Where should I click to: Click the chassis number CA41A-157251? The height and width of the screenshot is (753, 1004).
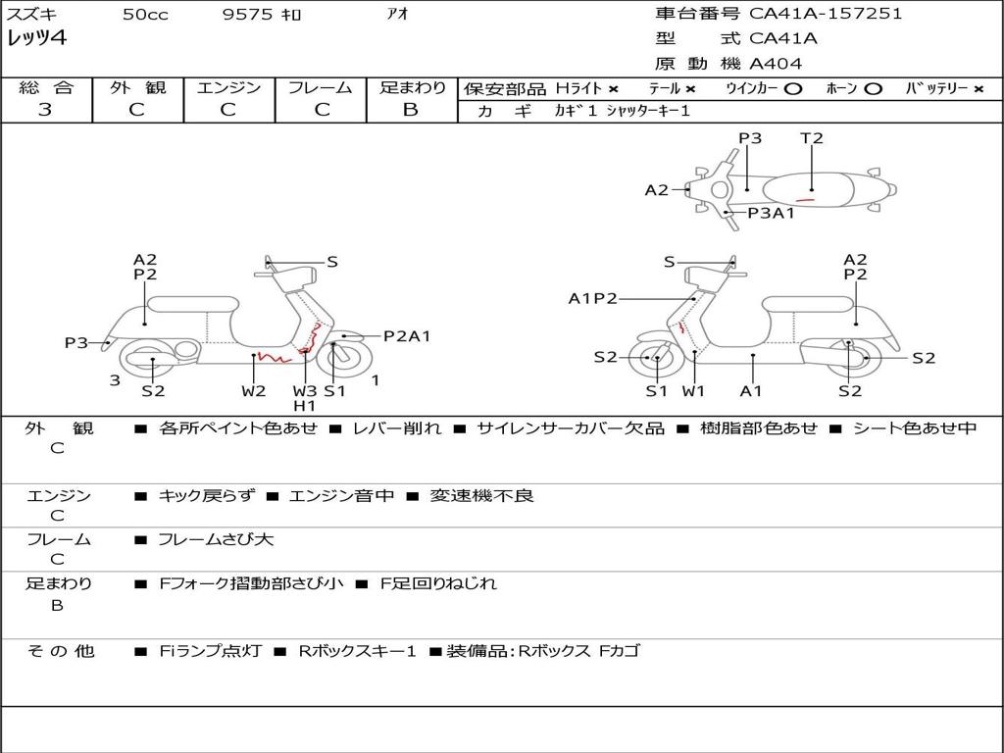[x=826, y=14]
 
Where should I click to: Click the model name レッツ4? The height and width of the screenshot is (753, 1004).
[x=36, y=39]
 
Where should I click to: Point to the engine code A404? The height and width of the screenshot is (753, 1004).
[x=776, y=64]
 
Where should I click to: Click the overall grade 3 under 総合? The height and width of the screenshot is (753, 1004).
[x=45, y=110]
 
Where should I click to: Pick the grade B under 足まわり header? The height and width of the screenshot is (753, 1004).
[x=411, y=110]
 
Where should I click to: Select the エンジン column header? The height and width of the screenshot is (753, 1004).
[x=228, y=87]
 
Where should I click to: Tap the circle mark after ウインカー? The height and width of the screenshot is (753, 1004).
[x=793, y=88]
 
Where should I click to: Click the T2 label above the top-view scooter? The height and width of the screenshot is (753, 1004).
[x=812, y=138]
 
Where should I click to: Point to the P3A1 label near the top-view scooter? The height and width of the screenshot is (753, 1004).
[x=771, y=213]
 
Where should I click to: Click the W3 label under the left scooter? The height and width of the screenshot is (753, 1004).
[x=305, y=391]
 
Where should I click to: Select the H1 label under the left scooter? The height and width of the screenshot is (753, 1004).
[x=305, y=406]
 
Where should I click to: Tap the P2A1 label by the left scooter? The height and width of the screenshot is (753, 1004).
[x=407, y=336]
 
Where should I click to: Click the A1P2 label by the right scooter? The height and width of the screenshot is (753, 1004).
[x=593, y=299]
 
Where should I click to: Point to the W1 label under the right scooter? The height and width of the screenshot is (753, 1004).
[x=694, y=391]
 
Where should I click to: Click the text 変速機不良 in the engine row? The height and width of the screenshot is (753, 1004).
[x=481, y=496]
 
